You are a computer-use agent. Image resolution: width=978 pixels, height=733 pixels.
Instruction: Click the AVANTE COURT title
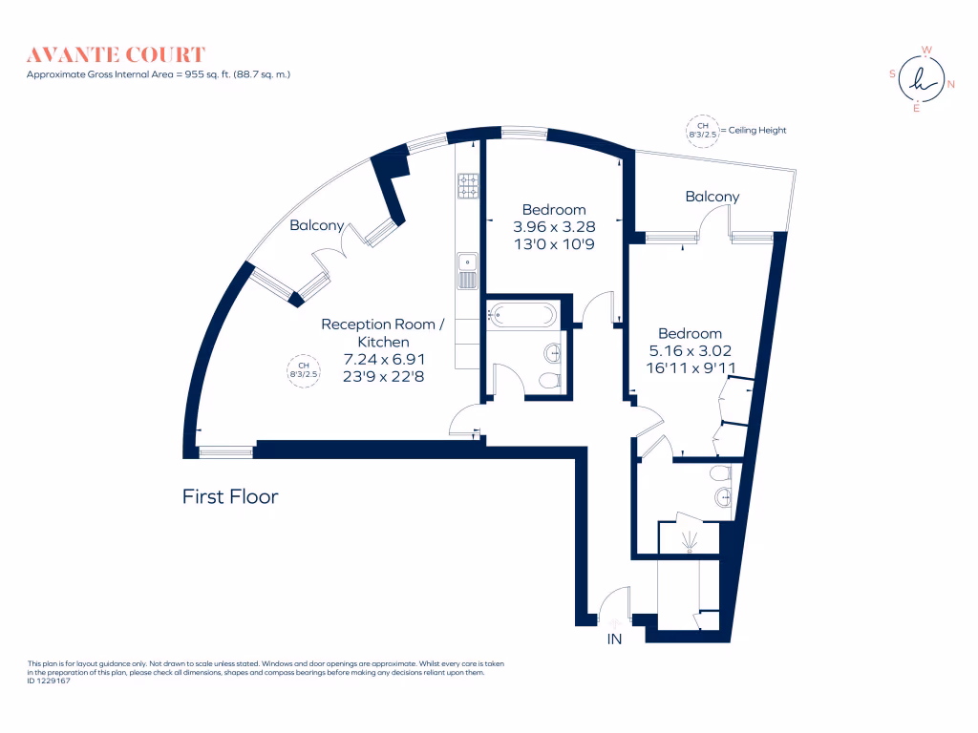tap(116, 54)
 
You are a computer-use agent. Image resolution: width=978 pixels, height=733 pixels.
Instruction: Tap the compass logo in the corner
tap(918, 79)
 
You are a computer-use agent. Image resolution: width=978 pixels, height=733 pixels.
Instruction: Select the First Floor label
tap(230, 497)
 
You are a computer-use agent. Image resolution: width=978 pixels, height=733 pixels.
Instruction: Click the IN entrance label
tap(614, 639)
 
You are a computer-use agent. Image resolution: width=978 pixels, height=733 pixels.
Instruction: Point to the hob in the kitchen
tap(468, 186)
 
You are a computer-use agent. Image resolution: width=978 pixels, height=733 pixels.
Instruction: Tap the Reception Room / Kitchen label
tap(382, 333)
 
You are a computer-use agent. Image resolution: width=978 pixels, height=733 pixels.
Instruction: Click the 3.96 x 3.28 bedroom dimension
tap(553, 227)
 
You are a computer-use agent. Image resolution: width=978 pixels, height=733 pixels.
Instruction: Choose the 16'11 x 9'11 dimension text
tap(690, 366)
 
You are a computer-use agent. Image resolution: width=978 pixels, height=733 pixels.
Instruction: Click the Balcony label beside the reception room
tap(317, 226)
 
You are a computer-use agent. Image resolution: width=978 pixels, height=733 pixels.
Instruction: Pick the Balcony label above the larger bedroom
tap(712, 197)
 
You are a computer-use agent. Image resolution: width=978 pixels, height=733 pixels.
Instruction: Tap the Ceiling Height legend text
tap(755, 131)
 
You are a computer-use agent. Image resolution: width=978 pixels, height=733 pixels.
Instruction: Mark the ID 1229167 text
tap(50, 681)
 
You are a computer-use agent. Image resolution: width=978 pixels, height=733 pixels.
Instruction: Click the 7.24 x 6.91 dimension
tap(382, 359)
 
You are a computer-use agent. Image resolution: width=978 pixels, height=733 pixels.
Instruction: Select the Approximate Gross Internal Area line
tap(158, 73)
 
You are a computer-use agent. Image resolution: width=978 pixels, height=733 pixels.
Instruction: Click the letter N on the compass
tap(950, 84)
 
